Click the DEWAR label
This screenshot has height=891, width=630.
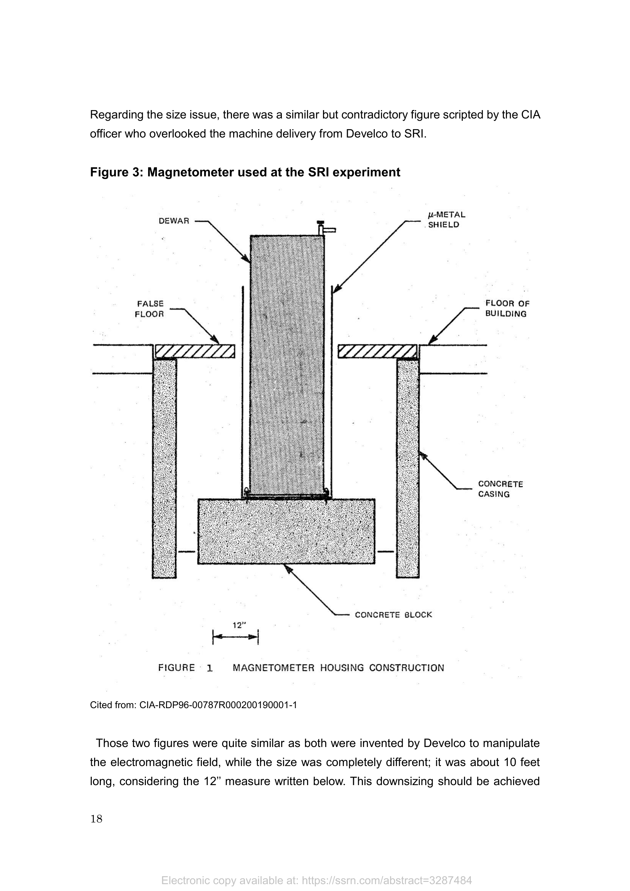click(174, 221)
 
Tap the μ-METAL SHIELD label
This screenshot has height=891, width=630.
click(446, 220)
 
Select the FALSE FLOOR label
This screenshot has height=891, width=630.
click(149, 309)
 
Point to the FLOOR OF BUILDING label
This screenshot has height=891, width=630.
click(507, 309)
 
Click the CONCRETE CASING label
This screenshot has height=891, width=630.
click(500, 489)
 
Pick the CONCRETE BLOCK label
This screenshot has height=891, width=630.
click(393, 615)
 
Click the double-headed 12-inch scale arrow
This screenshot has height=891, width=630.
click(235, 637)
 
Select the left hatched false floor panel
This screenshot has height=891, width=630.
click(195, 351)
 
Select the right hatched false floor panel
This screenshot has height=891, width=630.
click(377, 351)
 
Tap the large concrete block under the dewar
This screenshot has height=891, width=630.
click(286, 531)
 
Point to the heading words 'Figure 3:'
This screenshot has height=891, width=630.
click(117, 172)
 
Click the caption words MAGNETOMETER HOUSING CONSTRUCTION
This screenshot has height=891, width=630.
click(338, 667)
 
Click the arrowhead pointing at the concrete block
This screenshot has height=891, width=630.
click(287, 568)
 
